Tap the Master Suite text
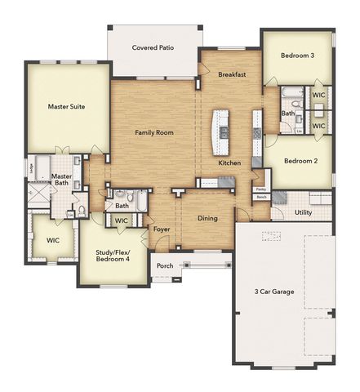66,106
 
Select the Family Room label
153,132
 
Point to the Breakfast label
233,74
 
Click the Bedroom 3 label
298,56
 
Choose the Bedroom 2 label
300,161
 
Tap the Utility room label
303,212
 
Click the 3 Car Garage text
274,292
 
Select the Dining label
207,218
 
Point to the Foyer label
162,229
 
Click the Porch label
165,265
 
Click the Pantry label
261,189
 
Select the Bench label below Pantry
261,197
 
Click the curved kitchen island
220,131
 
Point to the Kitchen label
229,163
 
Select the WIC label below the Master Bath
52,241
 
